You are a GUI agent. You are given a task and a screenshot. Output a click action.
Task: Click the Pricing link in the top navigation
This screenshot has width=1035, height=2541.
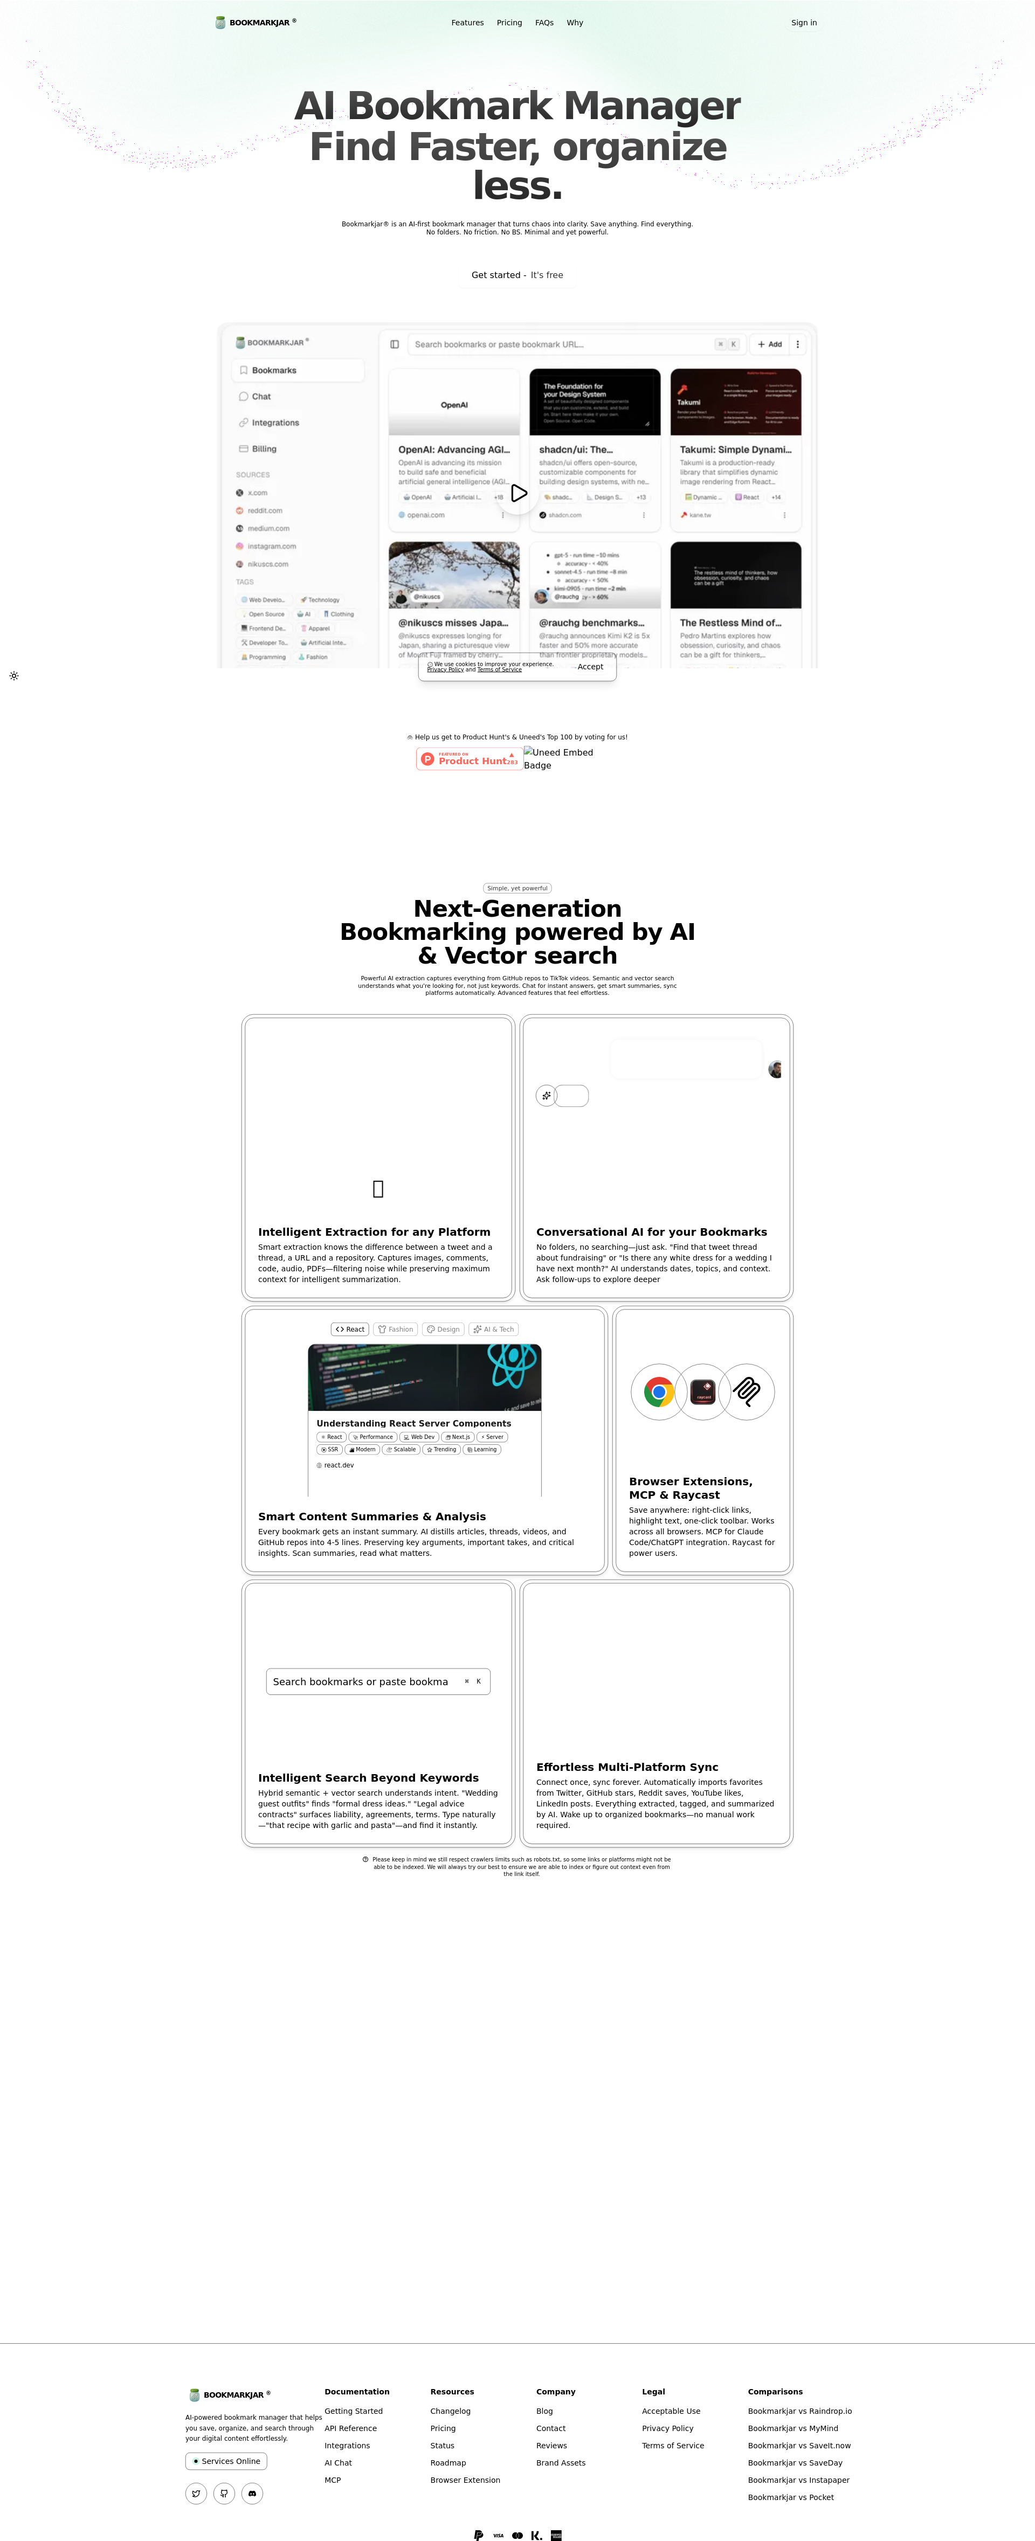(509, 23)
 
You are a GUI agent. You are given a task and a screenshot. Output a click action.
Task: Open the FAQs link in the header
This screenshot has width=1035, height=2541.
(544, 23)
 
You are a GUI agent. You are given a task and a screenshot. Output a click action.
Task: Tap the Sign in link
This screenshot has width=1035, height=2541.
(803, 23)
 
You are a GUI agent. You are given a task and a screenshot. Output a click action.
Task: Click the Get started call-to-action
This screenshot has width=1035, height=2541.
(517, 275)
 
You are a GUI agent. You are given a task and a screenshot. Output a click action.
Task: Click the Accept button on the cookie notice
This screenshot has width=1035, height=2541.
(590, 667)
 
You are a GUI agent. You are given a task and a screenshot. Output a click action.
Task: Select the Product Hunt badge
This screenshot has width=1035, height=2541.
(468, 759)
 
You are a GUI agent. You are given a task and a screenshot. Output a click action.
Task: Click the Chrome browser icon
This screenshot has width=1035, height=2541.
(658, 1392)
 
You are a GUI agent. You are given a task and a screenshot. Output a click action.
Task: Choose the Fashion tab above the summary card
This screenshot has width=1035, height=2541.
(396, 1328)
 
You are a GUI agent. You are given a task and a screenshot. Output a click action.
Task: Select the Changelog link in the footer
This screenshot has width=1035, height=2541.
(450, 2411)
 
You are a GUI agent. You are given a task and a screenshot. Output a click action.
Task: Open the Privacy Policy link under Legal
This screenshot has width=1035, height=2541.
(667, 2428)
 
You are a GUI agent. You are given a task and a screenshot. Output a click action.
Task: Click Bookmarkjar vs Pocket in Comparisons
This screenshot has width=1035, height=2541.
(790, 2497)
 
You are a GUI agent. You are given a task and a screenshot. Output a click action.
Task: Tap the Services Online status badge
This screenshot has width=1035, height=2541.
(226, 2461)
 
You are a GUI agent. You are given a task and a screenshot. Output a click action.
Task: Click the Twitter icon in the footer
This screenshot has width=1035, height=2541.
(196, 2494)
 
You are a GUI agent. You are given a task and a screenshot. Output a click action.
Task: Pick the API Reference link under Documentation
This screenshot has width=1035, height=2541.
(350, 2428)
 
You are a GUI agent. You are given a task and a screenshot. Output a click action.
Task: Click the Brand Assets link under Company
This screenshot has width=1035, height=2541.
(561, 2463)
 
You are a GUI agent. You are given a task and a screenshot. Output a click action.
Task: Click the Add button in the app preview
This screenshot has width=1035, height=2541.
(770, 344)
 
